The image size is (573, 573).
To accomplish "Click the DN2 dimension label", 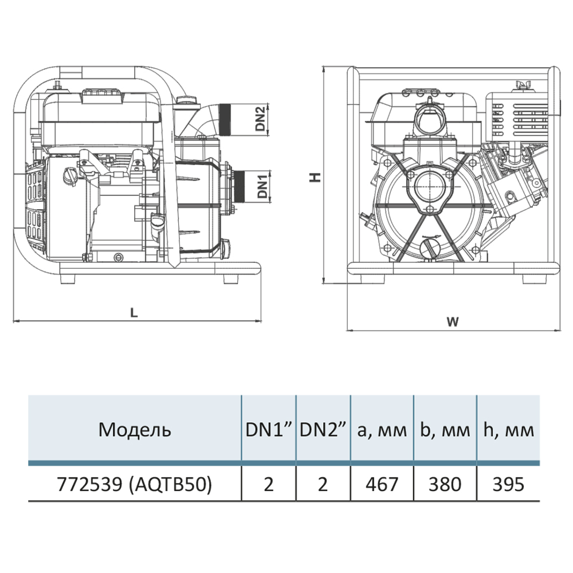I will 261,119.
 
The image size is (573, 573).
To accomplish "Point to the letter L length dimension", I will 134,313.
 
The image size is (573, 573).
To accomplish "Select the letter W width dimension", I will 453,322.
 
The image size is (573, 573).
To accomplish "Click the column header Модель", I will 135,429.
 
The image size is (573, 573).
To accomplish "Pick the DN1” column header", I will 269,429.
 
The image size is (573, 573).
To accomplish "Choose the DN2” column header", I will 324,429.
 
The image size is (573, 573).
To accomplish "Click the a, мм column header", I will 382,429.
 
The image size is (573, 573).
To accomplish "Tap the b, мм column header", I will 445,429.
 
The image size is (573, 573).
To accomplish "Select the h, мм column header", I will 509,429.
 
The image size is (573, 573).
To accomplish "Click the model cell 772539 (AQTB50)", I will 135,484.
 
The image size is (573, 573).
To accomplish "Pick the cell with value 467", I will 382,484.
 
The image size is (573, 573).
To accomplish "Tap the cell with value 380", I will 445,484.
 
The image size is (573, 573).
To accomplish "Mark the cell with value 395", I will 509,484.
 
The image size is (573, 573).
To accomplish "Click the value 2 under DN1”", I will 269,484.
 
